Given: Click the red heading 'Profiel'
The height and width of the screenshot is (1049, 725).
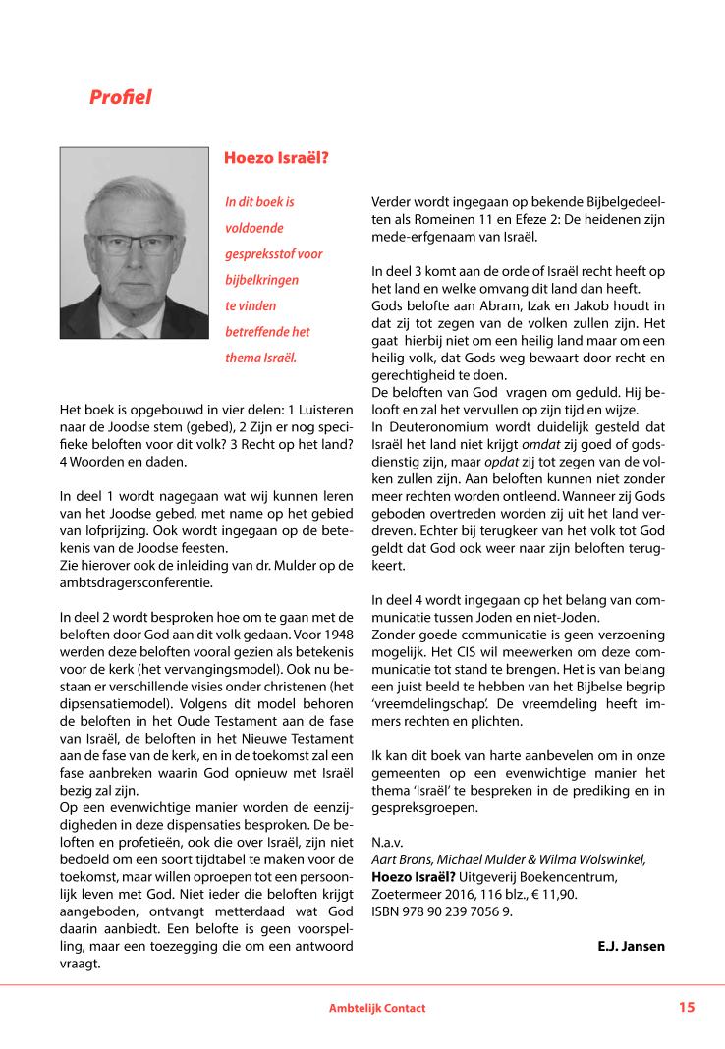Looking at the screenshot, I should pyautogui.click(x=120, y=97).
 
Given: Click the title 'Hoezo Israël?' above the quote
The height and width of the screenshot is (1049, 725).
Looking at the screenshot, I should pyautogui.click(x=276, y=157).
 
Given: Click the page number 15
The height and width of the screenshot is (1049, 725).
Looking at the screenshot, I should pyautogui.click(x=686, y=1007).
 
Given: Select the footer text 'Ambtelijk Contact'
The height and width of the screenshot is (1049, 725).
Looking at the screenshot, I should pyautogui.click(x=377, y=1008).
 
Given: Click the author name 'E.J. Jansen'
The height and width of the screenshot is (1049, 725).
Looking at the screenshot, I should pyautogui.click(x=631, y=946).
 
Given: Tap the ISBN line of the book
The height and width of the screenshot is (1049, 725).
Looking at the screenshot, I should pyautogui.click(x=442, y=911).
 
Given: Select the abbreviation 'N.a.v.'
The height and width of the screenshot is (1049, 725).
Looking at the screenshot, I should pyautogui.click(x=387, y=842).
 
